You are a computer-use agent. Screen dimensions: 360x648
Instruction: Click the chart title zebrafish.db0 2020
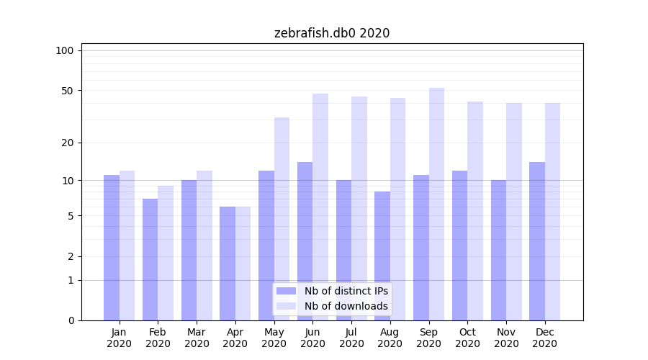[x=332, y=33]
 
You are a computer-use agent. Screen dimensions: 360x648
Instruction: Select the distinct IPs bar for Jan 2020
[x=112, y=248]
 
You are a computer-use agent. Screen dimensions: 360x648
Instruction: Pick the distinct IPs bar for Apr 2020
[x=228, y=264]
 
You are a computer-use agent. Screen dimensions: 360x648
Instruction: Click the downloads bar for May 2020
[x=282, y=219]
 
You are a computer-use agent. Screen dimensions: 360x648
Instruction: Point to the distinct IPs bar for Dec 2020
[x=537, y=241]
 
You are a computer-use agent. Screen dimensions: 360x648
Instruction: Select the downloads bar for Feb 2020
[x=166, y=253]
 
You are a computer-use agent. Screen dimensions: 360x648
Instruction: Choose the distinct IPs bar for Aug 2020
[x=382, y=256]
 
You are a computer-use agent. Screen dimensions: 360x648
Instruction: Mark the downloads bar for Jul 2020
[x=359, y=208]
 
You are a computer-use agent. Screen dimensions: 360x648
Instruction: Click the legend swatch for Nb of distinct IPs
[x=287, y=291]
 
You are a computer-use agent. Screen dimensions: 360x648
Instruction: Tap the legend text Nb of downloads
[x=346, y=306]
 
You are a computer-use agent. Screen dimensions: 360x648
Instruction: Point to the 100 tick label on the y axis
[x=65, y=50]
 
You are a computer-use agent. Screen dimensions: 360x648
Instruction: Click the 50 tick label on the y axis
[x=67, y=91]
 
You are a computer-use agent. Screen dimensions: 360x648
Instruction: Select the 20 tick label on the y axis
[x=67, y=143]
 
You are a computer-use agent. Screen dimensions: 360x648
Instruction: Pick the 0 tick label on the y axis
[x=71, y=320]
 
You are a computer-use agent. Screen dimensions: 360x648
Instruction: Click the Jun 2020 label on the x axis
[x=312, y=338]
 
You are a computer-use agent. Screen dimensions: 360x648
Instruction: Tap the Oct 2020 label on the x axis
[x=467, y=338]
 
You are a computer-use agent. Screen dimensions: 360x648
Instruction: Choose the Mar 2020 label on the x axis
[x=197, y=338]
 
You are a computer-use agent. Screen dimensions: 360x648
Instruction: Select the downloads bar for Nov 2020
[x=514, y=212]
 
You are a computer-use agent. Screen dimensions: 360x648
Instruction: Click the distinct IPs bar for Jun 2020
[x=305, y=241]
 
